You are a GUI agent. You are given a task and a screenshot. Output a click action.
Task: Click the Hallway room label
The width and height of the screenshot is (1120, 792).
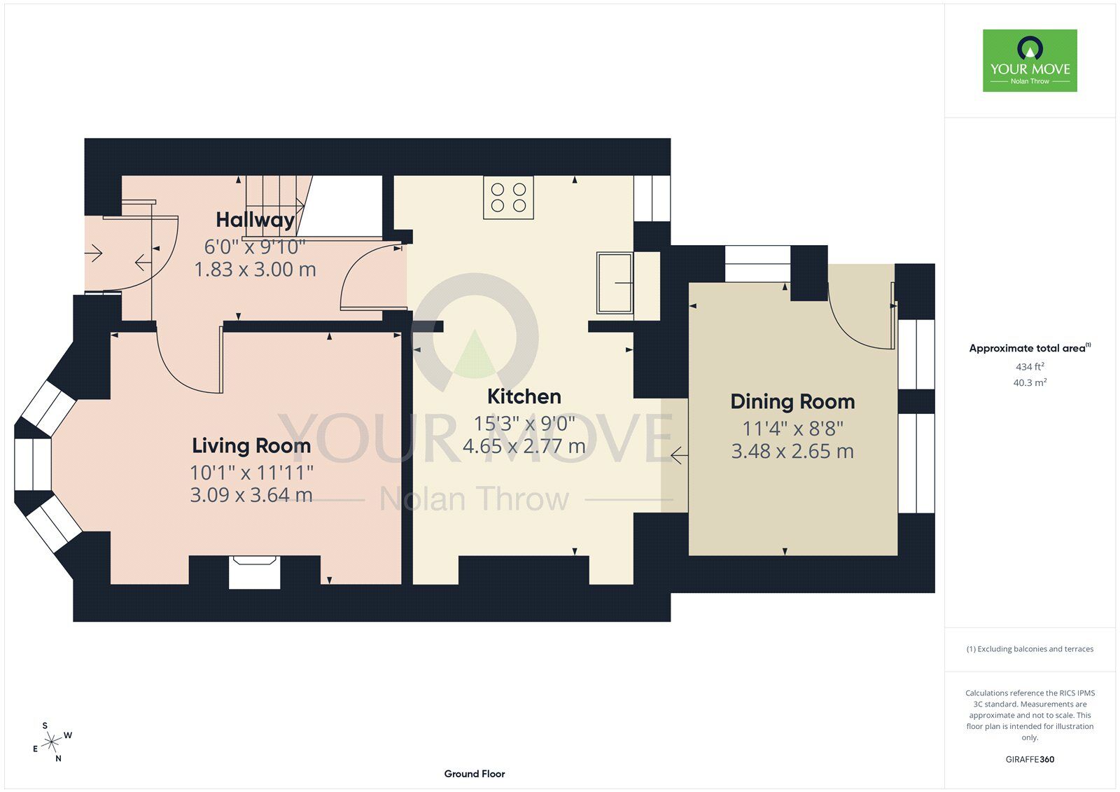point(255,220)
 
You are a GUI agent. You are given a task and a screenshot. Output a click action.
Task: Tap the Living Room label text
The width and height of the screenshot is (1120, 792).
point(251,445)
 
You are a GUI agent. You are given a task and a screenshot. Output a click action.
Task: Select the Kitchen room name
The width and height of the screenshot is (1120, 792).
point(524,396)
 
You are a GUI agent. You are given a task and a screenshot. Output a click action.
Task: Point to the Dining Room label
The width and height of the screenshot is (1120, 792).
point(792,401)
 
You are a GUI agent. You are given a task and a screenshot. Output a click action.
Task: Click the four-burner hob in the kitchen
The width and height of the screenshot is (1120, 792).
point(508,197)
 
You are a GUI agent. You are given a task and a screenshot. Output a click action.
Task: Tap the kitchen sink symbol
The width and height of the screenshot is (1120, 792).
point(615,283)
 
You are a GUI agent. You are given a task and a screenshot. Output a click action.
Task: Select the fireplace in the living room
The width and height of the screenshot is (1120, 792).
point(254,572)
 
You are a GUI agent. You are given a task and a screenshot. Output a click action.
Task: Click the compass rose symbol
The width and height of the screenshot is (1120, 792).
point(51,742)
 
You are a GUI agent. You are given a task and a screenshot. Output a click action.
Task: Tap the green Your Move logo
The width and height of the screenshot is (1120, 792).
point(1030,60)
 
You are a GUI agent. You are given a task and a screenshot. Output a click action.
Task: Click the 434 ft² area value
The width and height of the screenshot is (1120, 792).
point(1030,366)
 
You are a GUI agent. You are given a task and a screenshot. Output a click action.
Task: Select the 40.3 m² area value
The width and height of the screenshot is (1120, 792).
point(1030,382)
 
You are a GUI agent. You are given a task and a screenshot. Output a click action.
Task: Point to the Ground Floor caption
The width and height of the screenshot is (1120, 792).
point(475,774)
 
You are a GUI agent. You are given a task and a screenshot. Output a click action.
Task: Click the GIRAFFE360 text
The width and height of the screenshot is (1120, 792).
point(1030,759)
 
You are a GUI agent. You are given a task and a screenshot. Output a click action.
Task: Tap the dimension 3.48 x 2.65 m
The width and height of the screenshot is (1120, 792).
point(792,451)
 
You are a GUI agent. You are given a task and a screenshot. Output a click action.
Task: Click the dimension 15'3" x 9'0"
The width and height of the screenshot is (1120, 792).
point(524,423)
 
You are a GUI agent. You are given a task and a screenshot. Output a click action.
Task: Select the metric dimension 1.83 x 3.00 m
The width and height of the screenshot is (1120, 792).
point(255,270)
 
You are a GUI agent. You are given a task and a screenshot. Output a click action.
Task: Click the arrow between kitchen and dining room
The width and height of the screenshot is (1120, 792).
point(679,455)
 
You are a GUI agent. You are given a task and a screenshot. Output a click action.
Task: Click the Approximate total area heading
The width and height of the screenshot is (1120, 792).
point(1030,348)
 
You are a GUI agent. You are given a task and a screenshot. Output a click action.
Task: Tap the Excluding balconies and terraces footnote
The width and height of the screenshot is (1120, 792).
point(1030,649)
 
